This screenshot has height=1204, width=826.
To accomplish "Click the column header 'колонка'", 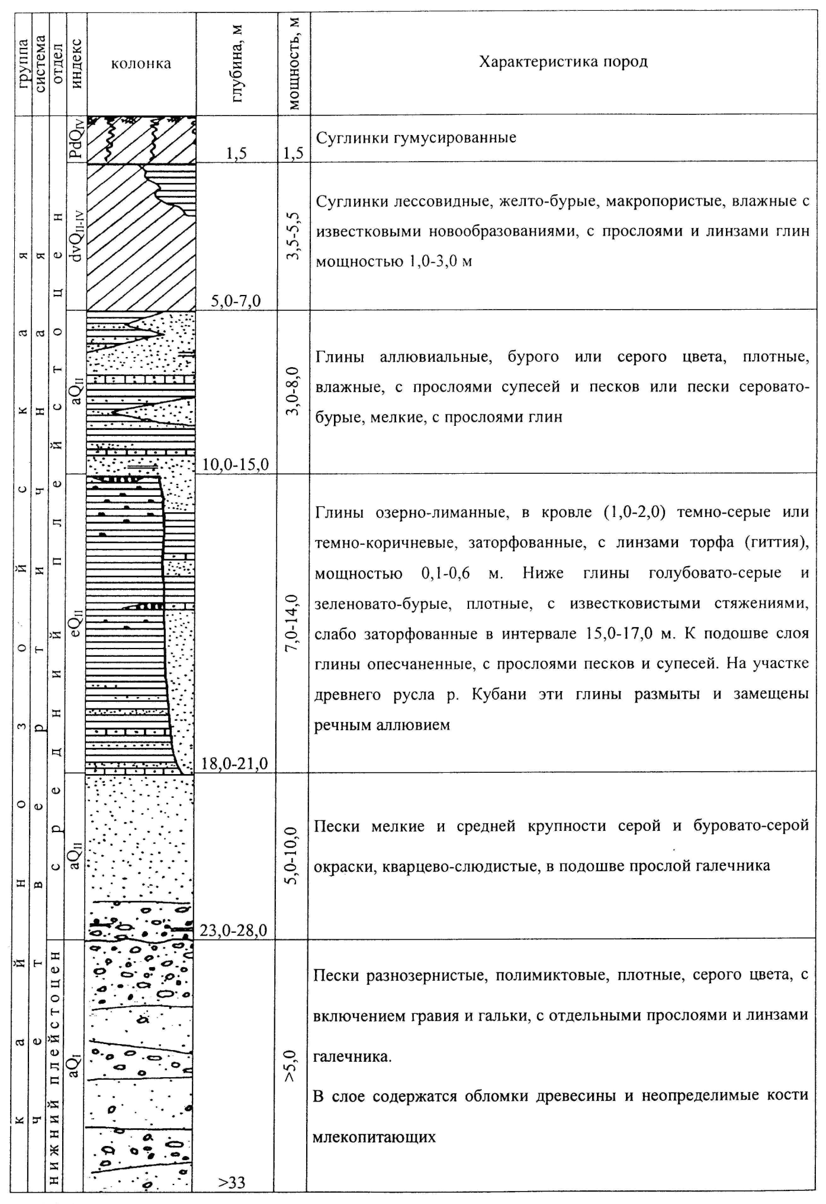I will click(x=141, y=64).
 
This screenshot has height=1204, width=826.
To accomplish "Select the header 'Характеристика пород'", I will click(x=563, y=62).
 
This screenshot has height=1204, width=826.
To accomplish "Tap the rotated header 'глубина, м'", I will click(x=237, y=63).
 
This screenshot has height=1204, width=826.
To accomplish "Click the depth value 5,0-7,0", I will click(x=236, y=301).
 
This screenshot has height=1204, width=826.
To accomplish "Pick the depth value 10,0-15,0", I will click(x=236, y=464).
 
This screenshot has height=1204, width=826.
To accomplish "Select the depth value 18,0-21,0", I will click(x=235, y=763).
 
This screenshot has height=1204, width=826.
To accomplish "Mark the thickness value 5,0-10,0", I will click(x=294, y=855).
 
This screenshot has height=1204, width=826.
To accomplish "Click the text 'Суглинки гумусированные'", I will click(x=416, y=138).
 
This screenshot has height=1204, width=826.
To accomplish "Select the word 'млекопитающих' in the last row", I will click(x=374, y=1137).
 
